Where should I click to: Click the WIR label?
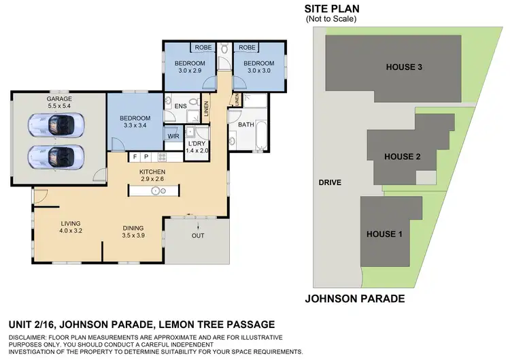(173, 136)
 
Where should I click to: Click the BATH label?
(245, 125)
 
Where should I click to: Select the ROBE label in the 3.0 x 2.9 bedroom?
(203, 48)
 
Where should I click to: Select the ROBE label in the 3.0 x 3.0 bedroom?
(247, 48)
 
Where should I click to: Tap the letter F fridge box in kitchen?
(135, 157)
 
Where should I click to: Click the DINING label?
(133, 228)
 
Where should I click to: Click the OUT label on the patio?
(198, 236)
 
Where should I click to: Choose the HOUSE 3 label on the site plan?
(404, 67)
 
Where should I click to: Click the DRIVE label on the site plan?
(330, 182)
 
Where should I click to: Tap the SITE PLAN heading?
(332, 9)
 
